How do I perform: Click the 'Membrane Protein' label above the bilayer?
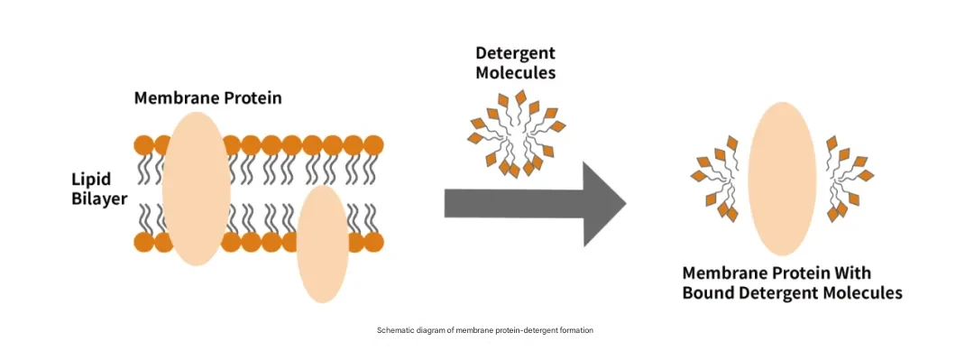(x=208, y=98)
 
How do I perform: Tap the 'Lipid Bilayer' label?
(x=100, y=189)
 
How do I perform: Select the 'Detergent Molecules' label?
(x=516, y=63)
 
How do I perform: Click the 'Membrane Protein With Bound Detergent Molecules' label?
(x=792, y=283)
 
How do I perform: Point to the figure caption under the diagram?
(x=485, y=330)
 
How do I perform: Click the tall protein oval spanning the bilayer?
(x=197, y=189)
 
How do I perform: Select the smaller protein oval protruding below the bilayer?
(x=322, y=244)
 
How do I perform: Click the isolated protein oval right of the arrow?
(x=781, y=179)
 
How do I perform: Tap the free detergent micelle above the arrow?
(x=516, y=133)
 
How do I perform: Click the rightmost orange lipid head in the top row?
(x=373, y=145)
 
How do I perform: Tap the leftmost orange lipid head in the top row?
(x=144, y=145)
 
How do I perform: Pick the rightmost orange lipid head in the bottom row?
(x=373, y=242)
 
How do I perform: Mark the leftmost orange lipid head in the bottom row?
(x=144, y=242)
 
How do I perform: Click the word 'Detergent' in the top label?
(x=516, y=53)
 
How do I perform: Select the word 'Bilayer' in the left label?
(x=100, y=199)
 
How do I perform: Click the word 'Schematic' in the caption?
(x=392, y=330)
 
